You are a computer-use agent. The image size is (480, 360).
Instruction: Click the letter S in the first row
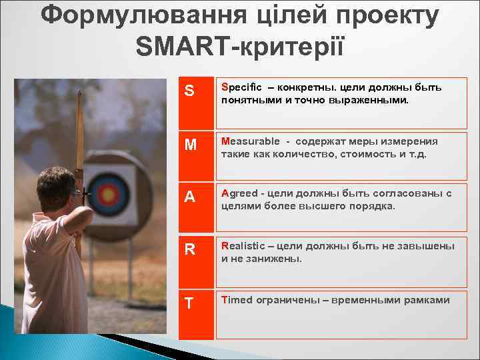tap(189, 91)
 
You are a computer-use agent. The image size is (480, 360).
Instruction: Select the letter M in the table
tap(190, 145)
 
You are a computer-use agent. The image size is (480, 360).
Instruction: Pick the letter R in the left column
tap(190, 249)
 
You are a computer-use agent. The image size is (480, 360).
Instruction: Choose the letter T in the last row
tap(189, 303)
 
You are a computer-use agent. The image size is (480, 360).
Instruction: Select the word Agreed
tap(240, 193)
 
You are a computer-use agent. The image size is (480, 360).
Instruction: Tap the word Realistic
tap(243, 246)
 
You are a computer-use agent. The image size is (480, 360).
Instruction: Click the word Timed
tap(237, 299)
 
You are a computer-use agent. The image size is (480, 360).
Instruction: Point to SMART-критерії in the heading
tap(239, 46)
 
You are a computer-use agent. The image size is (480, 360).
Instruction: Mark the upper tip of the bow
tap(79, 93)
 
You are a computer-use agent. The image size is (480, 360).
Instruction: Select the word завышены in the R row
tap(430, 246)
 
